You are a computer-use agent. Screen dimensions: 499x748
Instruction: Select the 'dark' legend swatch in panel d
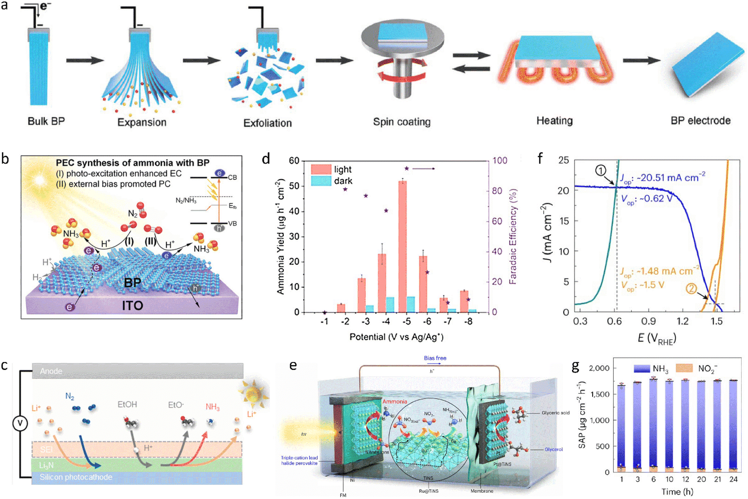tap(320, 181)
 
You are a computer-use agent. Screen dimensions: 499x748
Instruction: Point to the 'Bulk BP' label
tap(46, 121)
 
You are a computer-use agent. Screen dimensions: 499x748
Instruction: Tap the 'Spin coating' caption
tap(402, 122)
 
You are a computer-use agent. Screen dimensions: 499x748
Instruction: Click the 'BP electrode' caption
tap(700, 120)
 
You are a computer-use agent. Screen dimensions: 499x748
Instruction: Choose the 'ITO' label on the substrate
tap(132, 305)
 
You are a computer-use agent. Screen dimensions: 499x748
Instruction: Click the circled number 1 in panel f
tap(600, 170)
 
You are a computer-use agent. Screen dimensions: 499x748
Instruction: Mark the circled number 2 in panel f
tap(691, 288)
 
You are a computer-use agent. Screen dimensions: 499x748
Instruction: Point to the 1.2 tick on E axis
tap(682, 322)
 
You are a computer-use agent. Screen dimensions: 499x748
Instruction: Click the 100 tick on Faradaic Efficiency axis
tap(500, 161)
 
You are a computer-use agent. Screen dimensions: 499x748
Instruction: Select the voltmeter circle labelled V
tap(20, 423)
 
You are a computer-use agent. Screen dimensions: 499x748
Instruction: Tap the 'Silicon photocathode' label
tap(76, 477)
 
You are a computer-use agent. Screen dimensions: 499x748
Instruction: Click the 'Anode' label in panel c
tap(51, 371)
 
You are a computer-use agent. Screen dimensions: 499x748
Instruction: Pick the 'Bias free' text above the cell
tap(435, 358)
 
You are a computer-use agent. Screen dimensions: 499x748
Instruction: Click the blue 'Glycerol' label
tap(554, 449)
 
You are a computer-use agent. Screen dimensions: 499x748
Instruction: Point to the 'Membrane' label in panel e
tap(482, 491)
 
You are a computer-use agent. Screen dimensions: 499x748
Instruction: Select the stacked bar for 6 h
tap(654, 425)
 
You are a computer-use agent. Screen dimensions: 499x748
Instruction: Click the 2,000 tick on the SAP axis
tap(599, 368)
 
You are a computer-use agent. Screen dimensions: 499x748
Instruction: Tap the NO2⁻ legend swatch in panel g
tap(684, 368)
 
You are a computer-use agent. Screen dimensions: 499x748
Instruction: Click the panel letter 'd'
tap(266, 159)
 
